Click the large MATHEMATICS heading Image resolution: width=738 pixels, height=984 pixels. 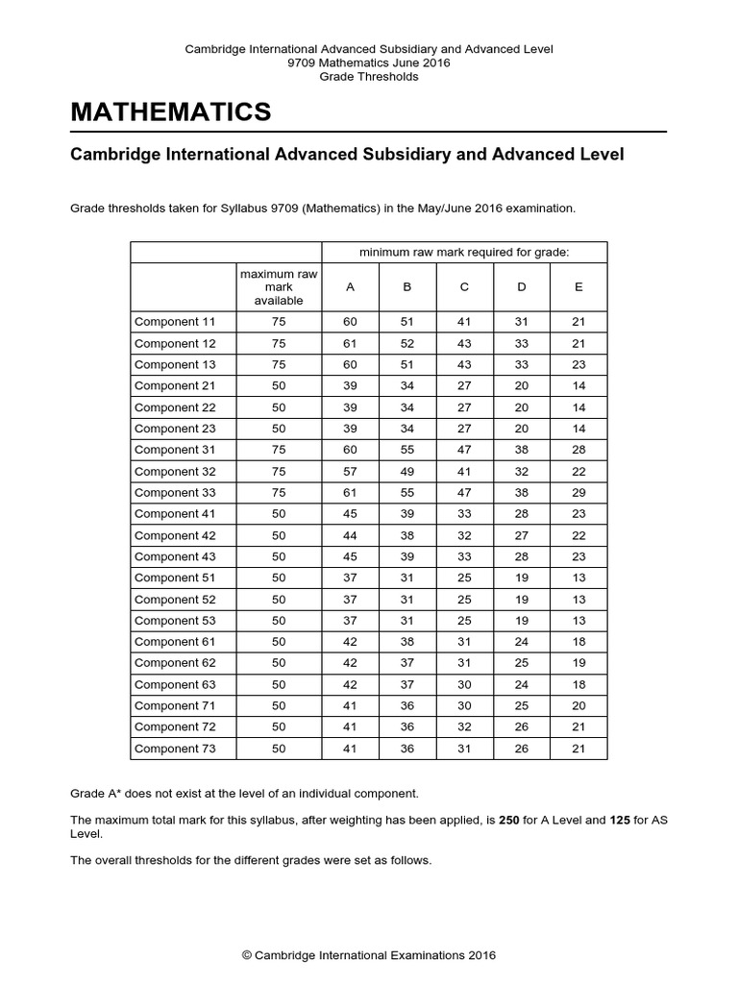pyautogui.click(x=171, y=112)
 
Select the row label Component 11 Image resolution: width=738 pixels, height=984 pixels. pyautogui.click(x=175, y=322)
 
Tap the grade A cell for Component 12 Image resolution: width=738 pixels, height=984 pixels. pyautogui.click(x=350, y=343)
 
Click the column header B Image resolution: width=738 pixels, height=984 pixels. pyautogui.click(x=406, y=286)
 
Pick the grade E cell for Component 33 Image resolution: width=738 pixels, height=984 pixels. pyautogui.click(x=578, y=492)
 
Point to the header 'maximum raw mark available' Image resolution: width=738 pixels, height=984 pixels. pyautogui.click(x=279, y=286)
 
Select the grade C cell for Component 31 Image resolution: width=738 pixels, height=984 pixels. pyautogui.click(x=464, y=450)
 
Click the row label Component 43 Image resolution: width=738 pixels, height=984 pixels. pyautogui.click(x=175, y=556)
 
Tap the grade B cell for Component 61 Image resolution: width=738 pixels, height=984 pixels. pyautogui.click(x=406, y=642)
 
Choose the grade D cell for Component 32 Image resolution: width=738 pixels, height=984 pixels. pyautogui.click(x=521, y=471)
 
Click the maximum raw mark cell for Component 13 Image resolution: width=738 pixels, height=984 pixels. pyautogui.click(x=279, y=364)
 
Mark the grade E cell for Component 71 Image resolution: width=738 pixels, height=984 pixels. pyautogui.click(x=578, y=705)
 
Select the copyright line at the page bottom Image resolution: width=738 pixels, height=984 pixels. pyautogui.click(x=369, y=955)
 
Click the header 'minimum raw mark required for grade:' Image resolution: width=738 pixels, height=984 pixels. pyautogui.click(x=464, y=252)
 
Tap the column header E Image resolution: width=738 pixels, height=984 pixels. pyautogui.click(x=578, y=286)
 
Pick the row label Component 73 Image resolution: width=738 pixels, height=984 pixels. pyautogui.click(x=175, y=749)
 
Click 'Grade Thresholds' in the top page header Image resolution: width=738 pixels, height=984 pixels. pyautogui.click(x=369, y=77)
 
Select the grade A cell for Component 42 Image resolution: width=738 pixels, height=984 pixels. pyautogui.click(x=350, y=535)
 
